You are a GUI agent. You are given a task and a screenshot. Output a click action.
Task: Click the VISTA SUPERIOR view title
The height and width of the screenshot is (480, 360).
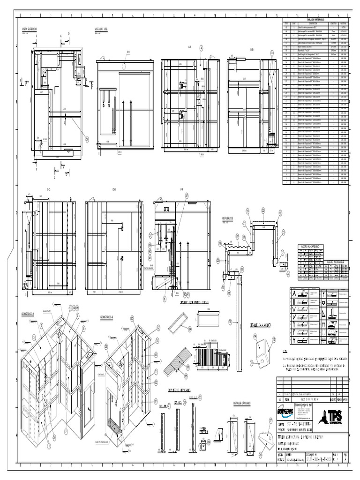pos(29,29)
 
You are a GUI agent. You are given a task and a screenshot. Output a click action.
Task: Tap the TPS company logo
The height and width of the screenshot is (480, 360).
pos(334,415)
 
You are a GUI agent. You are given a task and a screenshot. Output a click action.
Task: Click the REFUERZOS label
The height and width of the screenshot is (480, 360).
pos(228,218)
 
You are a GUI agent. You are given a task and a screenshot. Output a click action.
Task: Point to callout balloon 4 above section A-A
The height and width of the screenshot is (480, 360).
pos(201,48)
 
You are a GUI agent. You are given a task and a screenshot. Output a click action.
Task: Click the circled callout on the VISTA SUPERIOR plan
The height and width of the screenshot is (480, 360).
pos(87,138)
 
